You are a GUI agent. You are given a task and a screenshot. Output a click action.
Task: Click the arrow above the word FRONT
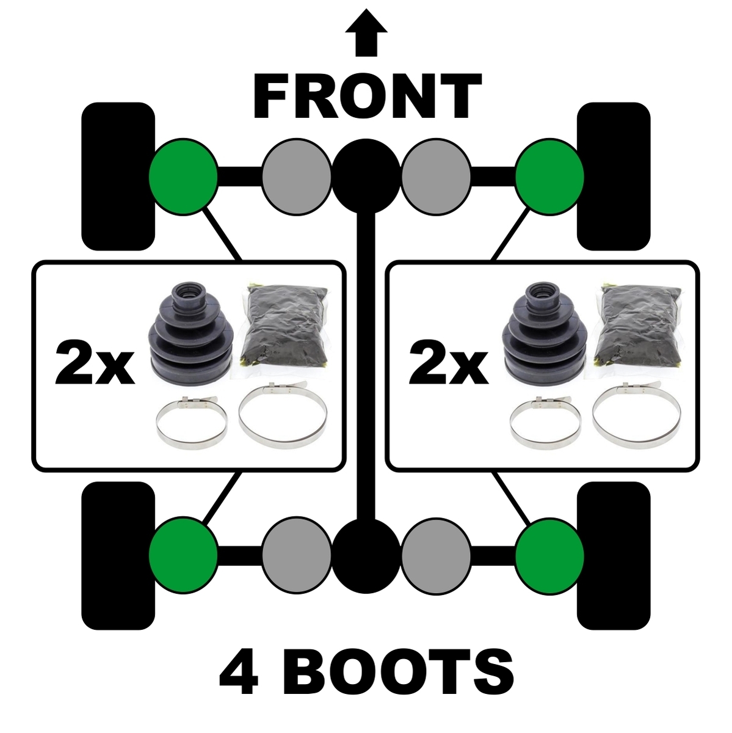point(366,33)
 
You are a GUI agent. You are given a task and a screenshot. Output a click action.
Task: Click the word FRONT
point(368,95)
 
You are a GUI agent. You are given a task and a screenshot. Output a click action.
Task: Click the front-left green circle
point(183,177)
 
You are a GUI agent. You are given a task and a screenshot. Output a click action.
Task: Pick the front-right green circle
point(549,177)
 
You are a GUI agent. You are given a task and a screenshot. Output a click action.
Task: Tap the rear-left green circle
point(183,555)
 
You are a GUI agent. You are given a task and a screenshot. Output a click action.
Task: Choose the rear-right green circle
point(549,555)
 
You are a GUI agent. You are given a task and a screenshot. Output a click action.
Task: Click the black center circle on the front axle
point(366,177)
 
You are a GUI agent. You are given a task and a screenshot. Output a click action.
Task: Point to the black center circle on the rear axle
point(366,555)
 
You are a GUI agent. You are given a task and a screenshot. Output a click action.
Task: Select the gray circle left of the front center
point(297,177)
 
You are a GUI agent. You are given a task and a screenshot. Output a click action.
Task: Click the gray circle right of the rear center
point(436,555)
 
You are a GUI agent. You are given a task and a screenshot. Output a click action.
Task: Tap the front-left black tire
point(118,177)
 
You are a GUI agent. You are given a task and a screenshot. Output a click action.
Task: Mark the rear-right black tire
point(614,556)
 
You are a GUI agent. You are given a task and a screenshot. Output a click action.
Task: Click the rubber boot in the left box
point(190,334)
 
